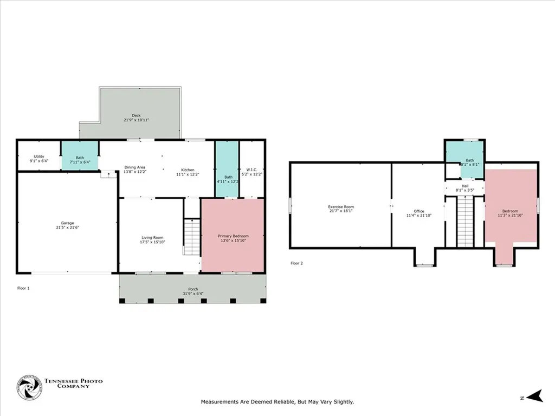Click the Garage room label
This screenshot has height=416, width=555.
pos(67,223)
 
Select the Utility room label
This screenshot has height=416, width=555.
pos(38,156)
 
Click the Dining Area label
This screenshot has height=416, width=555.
pos(134,167)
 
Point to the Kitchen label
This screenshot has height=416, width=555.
pos(188,170)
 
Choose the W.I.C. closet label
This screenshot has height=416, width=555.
pos(251,169)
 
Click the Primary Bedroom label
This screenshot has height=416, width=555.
pos(233,236)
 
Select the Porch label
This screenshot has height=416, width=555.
pos(193,289)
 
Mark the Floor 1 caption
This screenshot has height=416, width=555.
pos(23,288)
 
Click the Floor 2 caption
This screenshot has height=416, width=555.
pos(296,263)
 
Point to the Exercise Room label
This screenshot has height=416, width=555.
pos(341,206)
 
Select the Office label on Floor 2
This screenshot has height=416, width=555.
pos(418,211)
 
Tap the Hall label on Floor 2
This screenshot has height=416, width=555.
pos(465,186)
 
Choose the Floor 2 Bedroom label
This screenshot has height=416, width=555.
pos(510,211)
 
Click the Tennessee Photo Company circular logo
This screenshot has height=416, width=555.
pos(29,388)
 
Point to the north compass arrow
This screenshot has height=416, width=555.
pos(536,397)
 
